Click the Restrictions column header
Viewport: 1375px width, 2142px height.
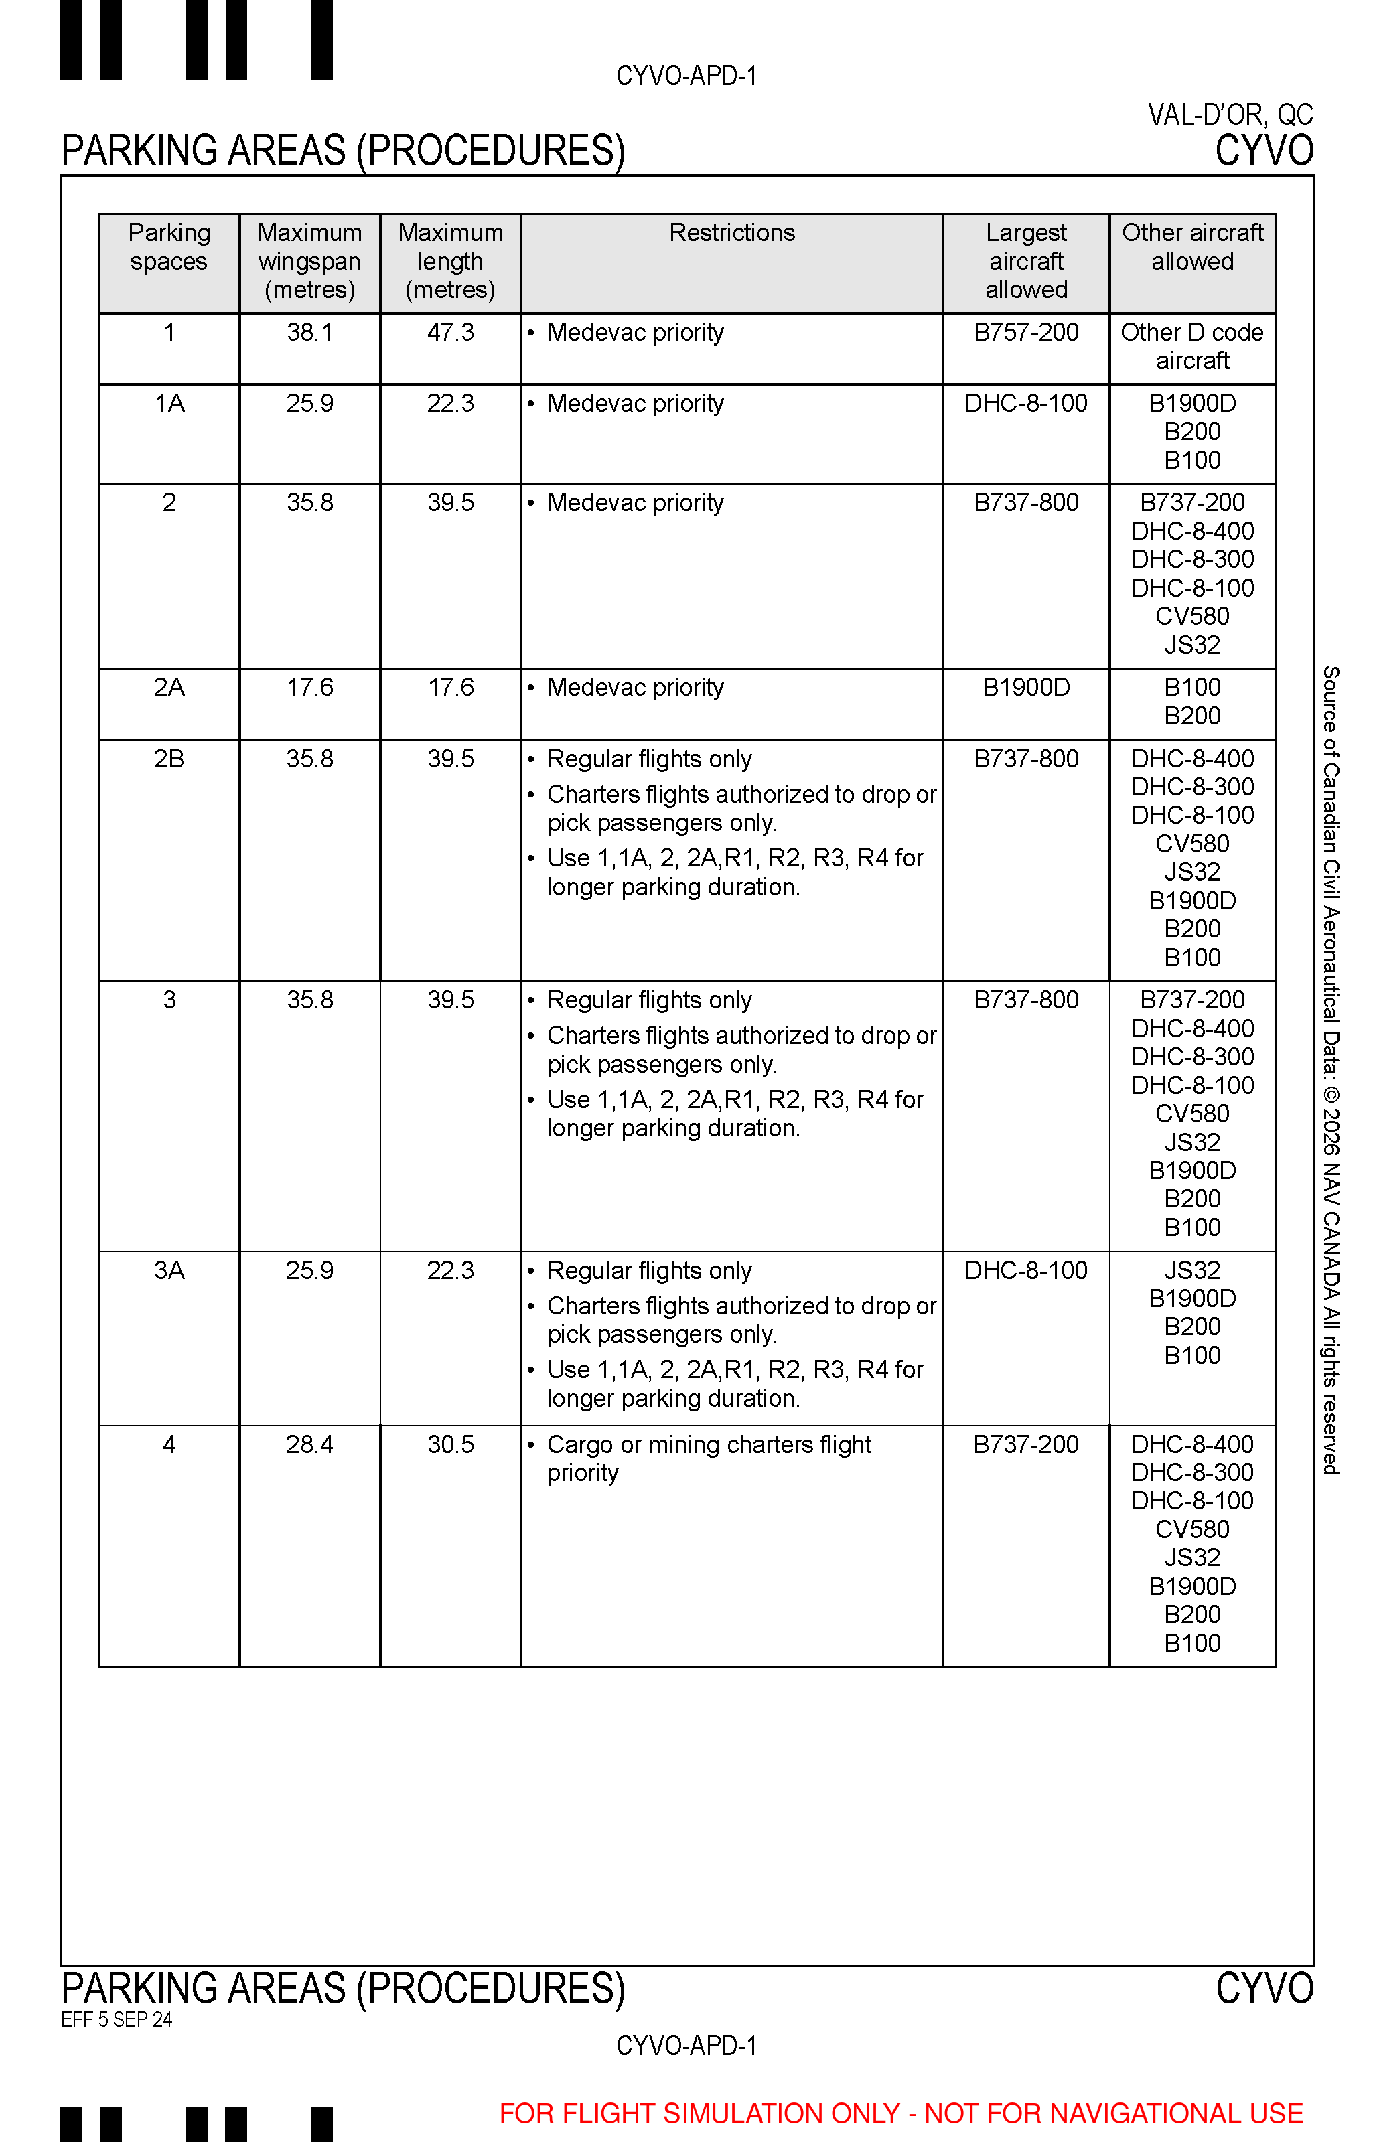731,233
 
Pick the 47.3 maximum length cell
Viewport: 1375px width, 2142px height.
450,333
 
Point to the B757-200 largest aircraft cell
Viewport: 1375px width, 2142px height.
1026,333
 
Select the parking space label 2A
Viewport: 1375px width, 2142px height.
169,687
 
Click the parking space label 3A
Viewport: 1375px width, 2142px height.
169,1270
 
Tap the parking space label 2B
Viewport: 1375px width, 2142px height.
169,759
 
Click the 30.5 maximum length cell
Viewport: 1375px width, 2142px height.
450,1444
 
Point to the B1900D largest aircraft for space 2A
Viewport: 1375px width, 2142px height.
1026,687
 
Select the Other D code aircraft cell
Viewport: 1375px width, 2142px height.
1192,346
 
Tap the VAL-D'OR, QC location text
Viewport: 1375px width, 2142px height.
1230,115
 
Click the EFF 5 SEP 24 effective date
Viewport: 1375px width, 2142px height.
116,2019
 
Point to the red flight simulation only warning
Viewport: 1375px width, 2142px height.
901,2113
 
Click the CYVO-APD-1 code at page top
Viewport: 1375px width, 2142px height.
686,76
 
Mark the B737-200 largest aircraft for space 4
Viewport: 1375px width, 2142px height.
1026,1444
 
